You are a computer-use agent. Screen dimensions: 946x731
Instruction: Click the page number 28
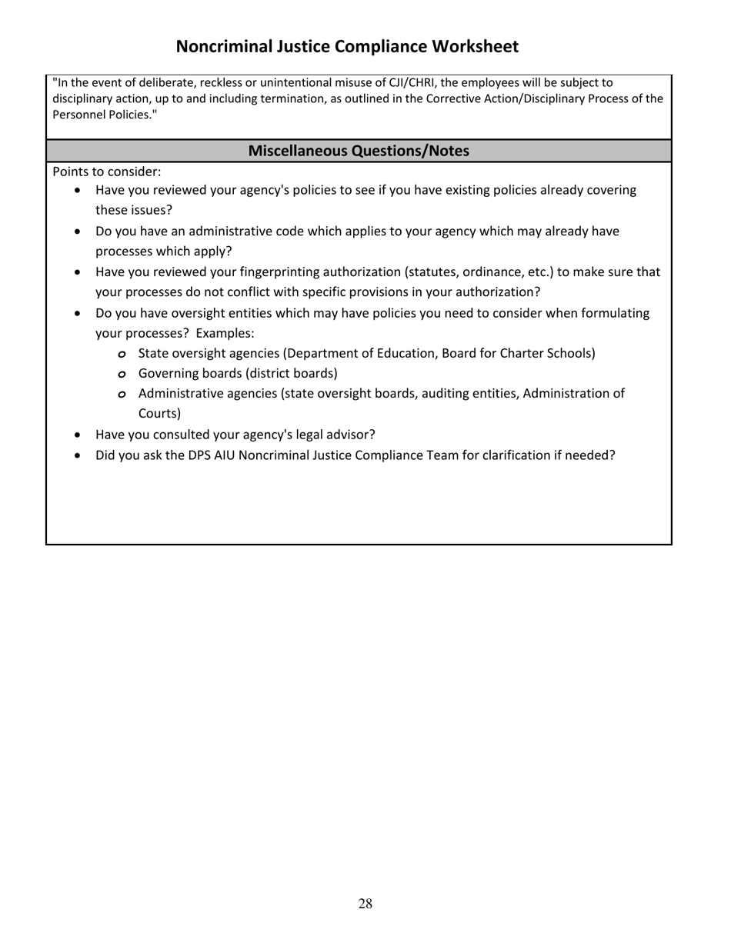tap(365, 904)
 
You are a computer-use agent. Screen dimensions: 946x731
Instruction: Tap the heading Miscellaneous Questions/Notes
tap(359, 151)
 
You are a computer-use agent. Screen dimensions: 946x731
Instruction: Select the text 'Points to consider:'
tap(107, 172)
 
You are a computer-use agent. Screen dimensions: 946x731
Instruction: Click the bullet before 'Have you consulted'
tap(78, 435)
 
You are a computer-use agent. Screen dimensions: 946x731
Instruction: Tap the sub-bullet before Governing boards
tap(122, 375)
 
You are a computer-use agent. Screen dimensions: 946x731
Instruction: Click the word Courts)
tap(159, 414)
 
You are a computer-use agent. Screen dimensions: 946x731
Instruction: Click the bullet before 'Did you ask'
tap(78, 456)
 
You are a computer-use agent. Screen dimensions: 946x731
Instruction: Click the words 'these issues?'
tap(134, 210)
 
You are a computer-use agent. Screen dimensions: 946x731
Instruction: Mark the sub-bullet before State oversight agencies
tap(122, 355)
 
